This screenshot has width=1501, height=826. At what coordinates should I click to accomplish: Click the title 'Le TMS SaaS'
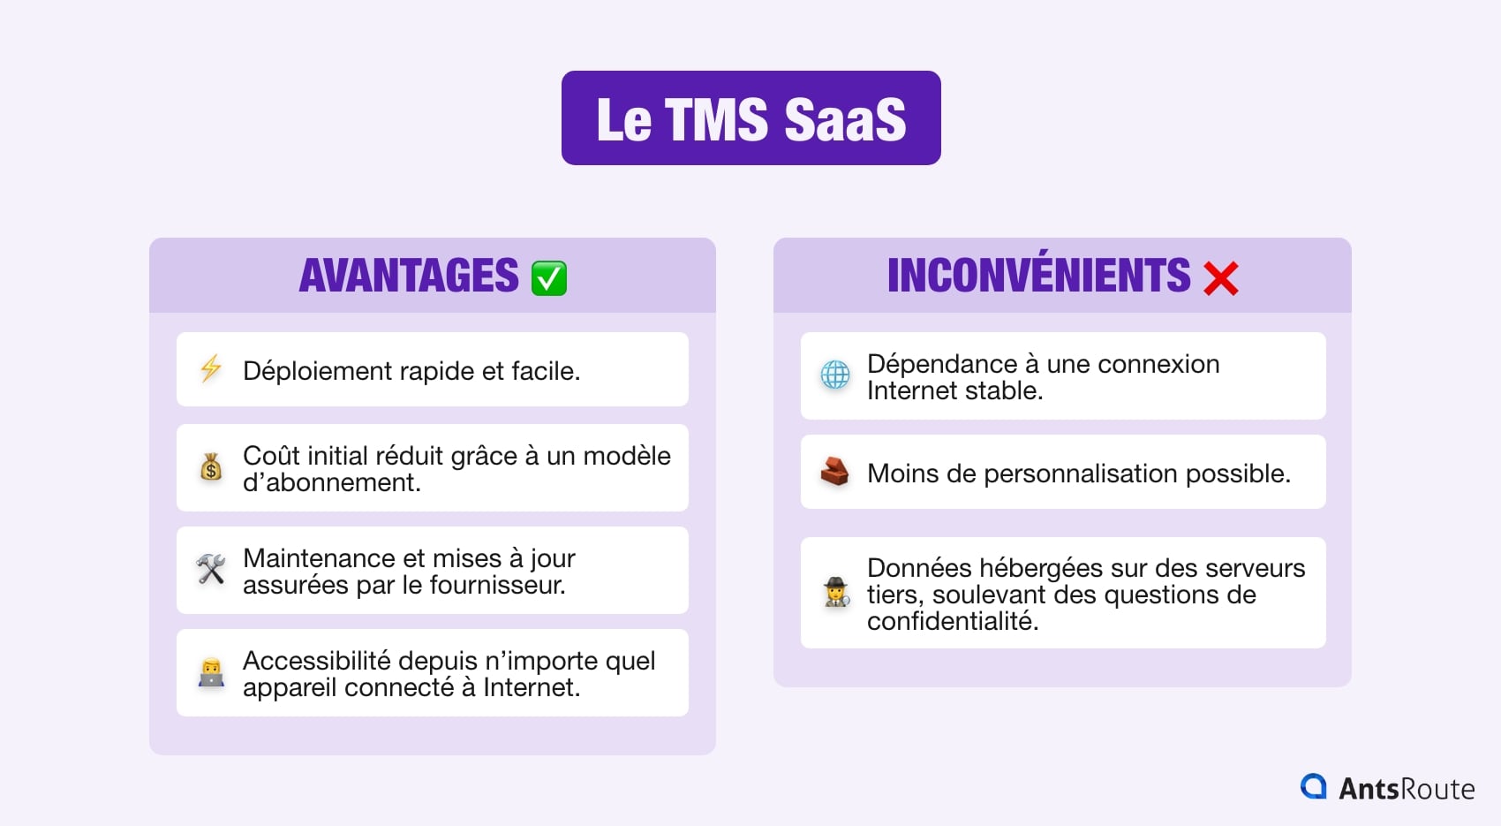(750, 119)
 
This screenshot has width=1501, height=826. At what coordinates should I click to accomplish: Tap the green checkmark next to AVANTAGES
(548, 278)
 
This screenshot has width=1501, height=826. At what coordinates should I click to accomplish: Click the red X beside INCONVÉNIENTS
(1220, 278)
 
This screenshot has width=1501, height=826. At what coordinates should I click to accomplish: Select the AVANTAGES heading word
(409, 276)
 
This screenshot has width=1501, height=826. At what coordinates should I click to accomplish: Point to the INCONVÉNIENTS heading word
(1038, 276)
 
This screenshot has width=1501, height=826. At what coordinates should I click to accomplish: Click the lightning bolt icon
(211, 368)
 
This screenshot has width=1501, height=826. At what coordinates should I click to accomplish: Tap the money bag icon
(211, 466)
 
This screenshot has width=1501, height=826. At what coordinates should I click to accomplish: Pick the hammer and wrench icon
(211, 569)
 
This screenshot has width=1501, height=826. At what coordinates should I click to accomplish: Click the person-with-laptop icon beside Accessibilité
(211, 673)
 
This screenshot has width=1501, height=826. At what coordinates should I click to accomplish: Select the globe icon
(834, 375)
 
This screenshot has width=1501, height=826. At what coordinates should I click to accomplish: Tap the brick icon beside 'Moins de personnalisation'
(834, 472)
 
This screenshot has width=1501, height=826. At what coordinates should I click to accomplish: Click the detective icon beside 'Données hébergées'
(835, 592)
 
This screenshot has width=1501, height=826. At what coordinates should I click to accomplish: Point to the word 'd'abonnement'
(330, 482)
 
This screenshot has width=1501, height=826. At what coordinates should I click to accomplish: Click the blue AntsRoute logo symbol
(1314, 786)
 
